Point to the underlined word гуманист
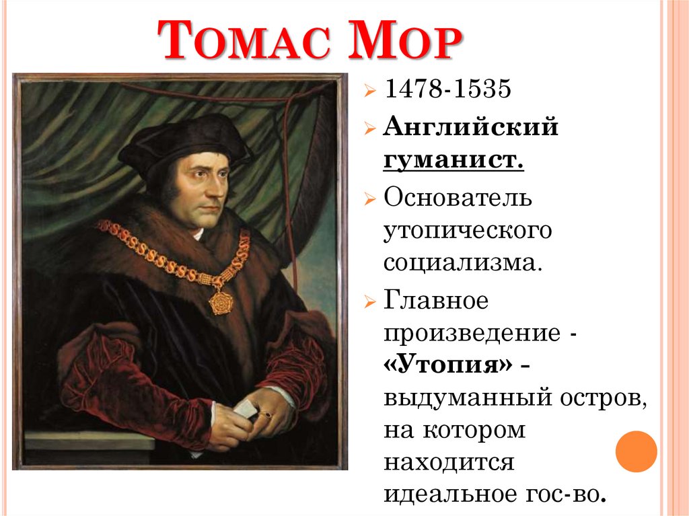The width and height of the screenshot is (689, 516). (x=454, y=161)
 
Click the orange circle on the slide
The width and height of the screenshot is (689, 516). (x=636, y=451)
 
